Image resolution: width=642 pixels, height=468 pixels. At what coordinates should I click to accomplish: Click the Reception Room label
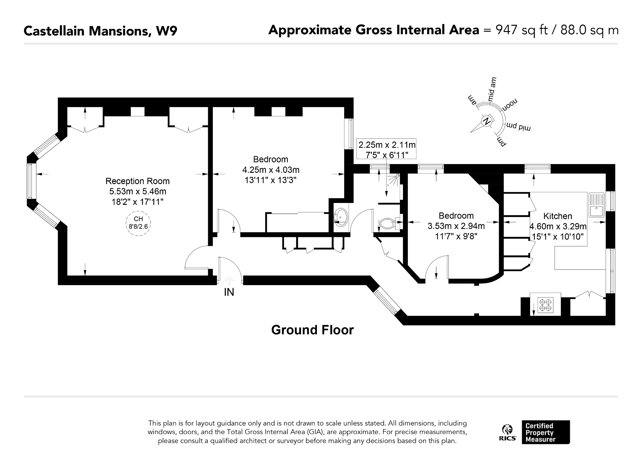(x=137, y=181)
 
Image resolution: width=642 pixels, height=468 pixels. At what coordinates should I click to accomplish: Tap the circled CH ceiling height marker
(x=138, y=222)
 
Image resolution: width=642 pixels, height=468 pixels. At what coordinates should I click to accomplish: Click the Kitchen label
(x=558, y=216)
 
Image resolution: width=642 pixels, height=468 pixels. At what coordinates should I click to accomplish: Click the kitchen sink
(x=596, y=205)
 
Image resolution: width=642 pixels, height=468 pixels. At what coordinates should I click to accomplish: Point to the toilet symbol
(x=390, y=223)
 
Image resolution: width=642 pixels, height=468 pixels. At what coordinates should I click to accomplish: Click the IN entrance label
(x=229, y=292)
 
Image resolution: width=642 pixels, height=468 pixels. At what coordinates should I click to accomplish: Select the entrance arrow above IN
(x=229, y=280)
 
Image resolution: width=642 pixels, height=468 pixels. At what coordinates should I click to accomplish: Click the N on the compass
(x=487, y=121)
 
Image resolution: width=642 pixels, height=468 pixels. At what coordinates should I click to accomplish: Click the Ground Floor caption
(x=312, y=330)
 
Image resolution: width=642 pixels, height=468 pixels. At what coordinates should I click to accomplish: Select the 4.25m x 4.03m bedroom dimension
(x=271, y=170)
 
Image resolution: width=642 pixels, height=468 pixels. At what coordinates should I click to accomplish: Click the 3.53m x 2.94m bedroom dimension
(x=456, y=226)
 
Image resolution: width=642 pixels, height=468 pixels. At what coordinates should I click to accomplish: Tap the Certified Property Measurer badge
(x=546, y=432)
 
